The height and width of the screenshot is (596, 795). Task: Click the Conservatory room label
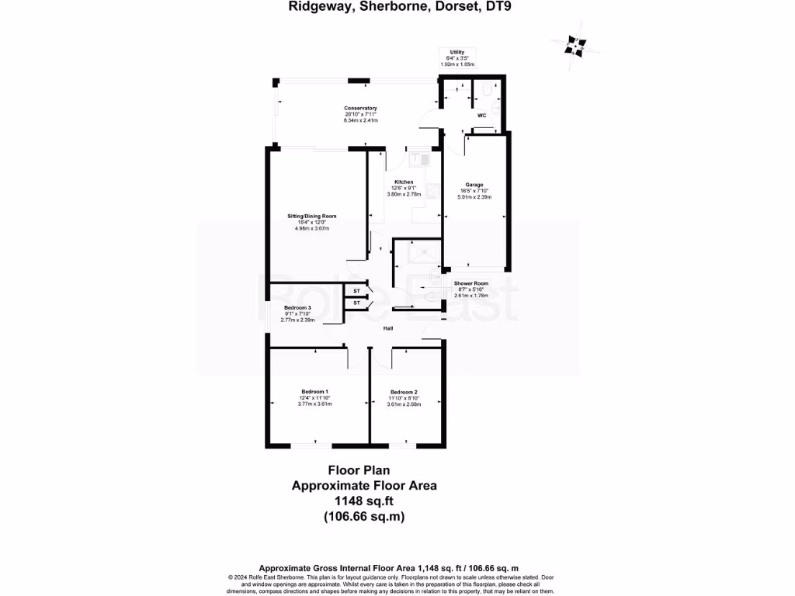[361, 108]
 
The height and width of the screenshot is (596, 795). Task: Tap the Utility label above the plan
[457, 52]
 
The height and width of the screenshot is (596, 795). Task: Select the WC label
[481, 115]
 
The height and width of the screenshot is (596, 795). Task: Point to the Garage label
[474, 185]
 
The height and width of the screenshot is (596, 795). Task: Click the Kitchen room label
[404, 182]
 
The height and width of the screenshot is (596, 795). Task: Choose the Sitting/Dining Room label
[311, 216]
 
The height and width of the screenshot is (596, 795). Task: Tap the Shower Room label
[470, 283]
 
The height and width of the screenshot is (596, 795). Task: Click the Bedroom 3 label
[297, 307]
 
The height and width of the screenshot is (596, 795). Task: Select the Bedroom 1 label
[314, 391]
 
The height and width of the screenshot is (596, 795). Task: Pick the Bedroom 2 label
[404, 391]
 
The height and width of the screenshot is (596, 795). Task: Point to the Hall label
[387, 329]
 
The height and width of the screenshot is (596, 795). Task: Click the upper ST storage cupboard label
[356, 291]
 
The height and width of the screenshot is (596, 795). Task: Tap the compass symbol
[575, 45]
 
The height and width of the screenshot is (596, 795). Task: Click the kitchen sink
[423, 159]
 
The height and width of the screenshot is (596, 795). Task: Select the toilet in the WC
[486, 91]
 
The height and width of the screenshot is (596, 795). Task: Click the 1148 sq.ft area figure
[364, 501]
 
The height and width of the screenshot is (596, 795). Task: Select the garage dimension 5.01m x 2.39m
[474, 197]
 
